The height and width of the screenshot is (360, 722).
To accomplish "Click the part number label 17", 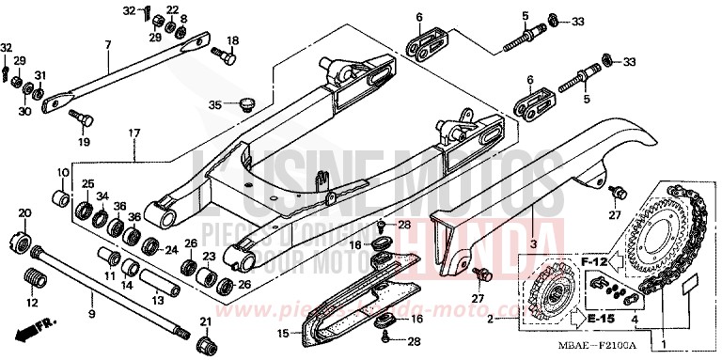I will [134, 134].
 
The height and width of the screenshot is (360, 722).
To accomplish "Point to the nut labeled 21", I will [206, 337].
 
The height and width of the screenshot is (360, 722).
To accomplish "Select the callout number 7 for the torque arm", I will [108, 45].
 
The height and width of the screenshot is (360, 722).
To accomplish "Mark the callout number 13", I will [158, 300].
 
